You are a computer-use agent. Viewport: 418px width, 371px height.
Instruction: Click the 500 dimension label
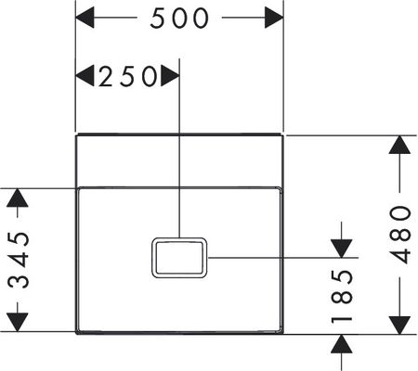coord(179,19)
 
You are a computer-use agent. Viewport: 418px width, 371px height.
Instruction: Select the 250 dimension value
coord(128,76)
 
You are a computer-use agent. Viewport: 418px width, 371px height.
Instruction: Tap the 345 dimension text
coord(19,260)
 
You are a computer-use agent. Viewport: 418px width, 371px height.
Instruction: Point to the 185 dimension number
coord(342,297)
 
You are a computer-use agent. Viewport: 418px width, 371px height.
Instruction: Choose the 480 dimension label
coord(400,235)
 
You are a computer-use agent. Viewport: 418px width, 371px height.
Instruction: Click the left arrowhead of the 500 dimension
coord(85,18)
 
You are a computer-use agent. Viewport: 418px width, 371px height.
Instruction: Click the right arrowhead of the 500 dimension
coord(274,18)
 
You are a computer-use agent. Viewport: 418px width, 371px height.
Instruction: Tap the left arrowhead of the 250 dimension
coord(85,76)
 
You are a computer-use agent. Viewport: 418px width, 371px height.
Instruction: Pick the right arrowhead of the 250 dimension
coord(170,76)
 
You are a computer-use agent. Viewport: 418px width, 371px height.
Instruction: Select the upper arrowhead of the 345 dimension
coord(18,198)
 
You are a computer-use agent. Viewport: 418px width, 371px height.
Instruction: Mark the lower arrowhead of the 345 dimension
coord(18,322)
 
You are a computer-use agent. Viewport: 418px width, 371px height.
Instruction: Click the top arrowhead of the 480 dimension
coord(399,145)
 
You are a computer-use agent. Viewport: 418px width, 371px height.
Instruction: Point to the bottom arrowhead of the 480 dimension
coord(399,326)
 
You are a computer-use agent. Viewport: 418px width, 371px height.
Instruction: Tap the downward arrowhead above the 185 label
coord(342,249)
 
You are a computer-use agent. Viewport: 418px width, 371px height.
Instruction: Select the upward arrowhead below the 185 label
coord(342,344)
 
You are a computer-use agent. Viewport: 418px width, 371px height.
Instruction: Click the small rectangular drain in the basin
coord(179,258)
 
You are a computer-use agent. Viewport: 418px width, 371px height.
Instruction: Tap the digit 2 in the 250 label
coord(106,76)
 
